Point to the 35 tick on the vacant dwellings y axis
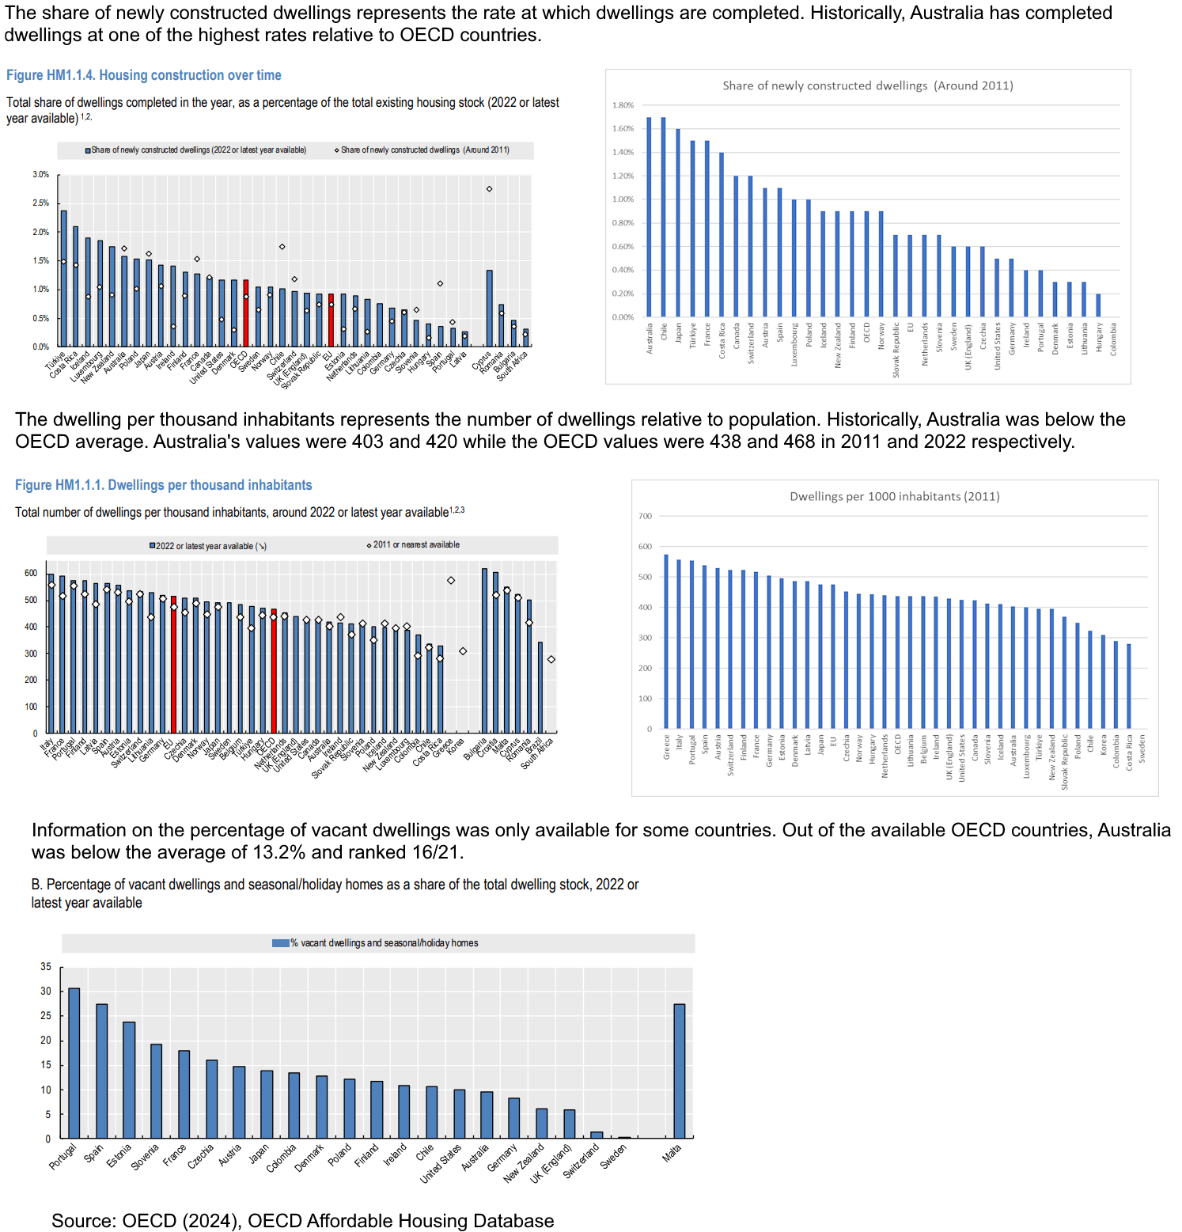[46, 967]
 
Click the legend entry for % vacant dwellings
[375, 943]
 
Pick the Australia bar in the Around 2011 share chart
[650, 217]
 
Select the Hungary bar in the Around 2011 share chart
[1098, 305]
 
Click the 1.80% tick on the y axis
[623, 105]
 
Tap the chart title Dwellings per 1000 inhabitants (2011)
[894, 496]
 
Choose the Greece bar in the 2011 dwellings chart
[666, 641]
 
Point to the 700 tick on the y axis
[645, 516]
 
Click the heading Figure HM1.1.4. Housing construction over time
[143, 75]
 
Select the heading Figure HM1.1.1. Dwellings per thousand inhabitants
[163, 485]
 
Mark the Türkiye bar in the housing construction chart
[64, 279]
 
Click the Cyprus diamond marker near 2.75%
[489, 189]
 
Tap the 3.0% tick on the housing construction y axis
[40, 174]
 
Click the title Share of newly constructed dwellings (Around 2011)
[867, 85]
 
